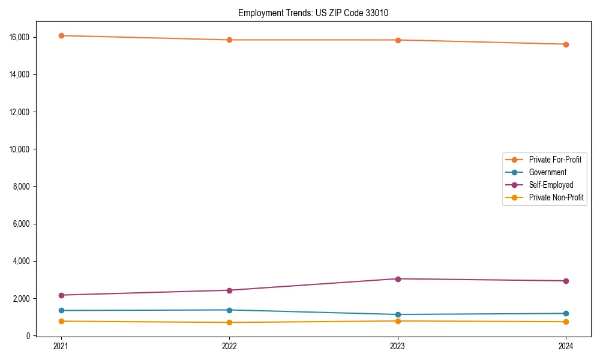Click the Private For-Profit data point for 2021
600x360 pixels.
pos(61,35)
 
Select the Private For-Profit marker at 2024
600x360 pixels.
pos(566,44)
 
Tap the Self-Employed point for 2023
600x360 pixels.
pos(398,278)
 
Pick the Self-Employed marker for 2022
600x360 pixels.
pos(229,290)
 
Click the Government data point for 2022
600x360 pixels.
pos(229,310)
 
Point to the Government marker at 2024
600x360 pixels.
pos(566,313)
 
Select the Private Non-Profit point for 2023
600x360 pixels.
pos(398,321)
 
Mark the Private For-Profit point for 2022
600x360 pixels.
pos(229,40)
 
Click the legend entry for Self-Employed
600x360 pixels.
pos(551,185)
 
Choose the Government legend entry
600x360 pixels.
pos(547,172)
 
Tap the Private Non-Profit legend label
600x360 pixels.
pos(556,197)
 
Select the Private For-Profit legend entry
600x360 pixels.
pos(555,160)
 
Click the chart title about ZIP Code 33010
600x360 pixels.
pos(313,13)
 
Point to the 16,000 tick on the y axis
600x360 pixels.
pos(20,37)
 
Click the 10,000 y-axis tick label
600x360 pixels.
pos(20,149)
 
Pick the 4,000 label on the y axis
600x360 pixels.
pos(22,261)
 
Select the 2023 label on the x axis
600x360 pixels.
pos(398,346)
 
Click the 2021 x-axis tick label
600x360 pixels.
pos(61,346)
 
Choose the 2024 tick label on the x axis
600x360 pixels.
pos(566,346)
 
